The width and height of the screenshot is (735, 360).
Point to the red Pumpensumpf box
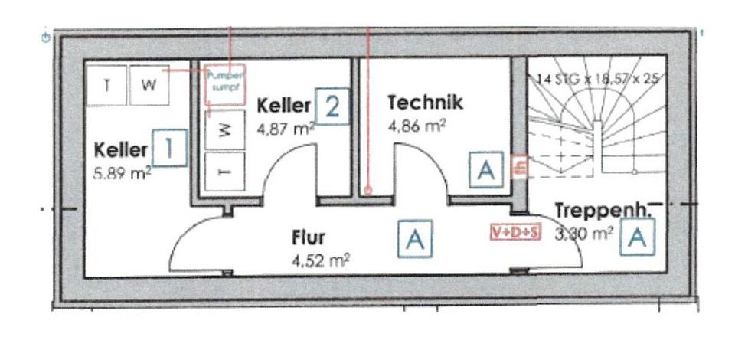(224, 82)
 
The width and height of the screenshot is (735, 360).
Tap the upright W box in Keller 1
(149, 84)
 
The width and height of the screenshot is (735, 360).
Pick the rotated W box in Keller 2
(224, 131)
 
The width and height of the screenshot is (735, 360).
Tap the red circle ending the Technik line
(368, 191)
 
